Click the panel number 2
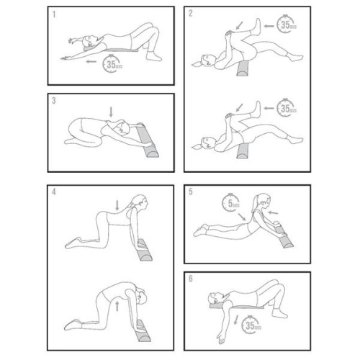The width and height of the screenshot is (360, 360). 191,14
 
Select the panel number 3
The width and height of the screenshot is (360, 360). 53,102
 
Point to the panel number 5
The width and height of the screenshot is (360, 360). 191,192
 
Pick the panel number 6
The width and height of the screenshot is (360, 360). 191,279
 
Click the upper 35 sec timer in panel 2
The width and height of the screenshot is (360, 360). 288,27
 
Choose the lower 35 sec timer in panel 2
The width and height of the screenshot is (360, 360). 288,109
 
